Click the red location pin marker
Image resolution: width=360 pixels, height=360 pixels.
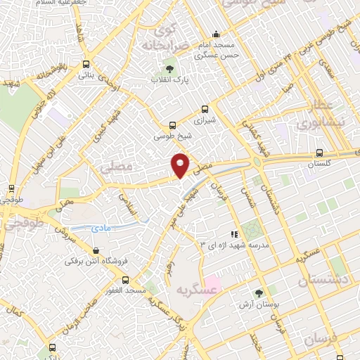click(181, 164)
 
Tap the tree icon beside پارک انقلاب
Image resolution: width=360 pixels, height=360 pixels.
click(169, 68)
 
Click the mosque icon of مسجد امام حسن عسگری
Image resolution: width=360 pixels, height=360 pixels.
click(217, 34)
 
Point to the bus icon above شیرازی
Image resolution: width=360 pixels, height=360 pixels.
click(205, 110)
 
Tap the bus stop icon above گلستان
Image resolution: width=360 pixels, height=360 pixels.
click(320, 152)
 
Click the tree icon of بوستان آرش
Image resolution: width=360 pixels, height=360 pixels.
click(259, 292)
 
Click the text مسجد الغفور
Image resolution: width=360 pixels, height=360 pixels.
click(125, 290)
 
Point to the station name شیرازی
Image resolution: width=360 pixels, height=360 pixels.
click(205, 120)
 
